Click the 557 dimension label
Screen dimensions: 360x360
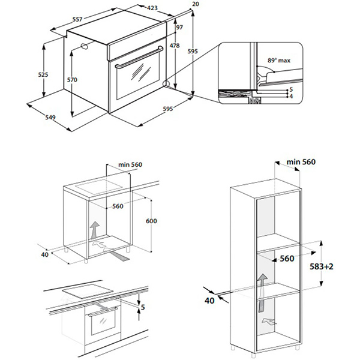coord(76,20)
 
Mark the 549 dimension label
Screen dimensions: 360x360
coord(51,118)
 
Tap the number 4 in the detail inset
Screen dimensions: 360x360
coord(290,96)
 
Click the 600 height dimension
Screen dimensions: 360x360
coord(151,221)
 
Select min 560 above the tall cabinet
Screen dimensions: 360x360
coord(301,162)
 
